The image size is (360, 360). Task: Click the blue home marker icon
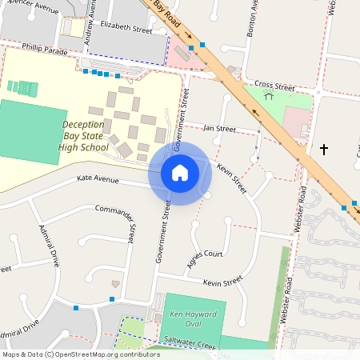click(x=179, y=172)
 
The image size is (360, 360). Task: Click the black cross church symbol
click(x=324, y=149)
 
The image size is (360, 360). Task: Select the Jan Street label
click(x=219, y=128)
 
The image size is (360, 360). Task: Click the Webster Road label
click(x=302, y=207)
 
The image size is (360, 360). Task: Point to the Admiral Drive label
click(x=50, y=246)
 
